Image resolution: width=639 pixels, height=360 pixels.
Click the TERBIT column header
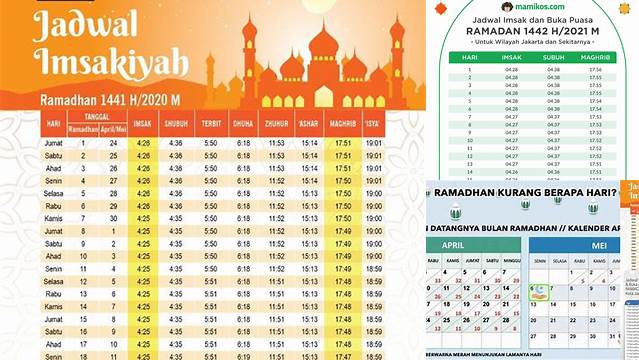[x=209, y=125]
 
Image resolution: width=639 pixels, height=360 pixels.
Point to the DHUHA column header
[x=243, y=125]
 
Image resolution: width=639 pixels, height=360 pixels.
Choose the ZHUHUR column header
[x=277, y=125]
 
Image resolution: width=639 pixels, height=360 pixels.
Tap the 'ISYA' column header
[x=373, y=125]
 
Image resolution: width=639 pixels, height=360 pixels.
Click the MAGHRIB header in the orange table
[x=342, y=125]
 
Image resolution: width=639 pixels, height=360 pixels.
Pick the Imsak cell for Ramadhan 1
[x=143, y=143]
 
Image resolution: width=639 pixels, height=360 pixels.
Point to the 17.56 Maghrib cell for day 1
[x=595, y=70]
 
